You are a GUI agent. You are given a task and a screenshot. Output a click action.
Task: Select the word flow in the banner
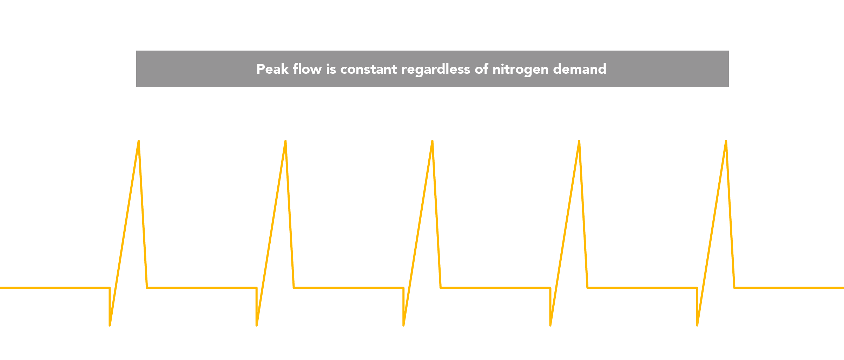point(307,69)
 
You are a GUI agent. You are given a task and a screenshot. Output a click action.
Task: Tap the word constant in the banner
point(369,70)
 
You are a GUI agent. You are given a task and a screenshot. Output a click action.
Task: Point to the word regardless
point(436,70)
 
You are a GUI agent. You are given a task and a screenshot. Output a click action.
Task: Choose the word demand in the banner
point(580,69)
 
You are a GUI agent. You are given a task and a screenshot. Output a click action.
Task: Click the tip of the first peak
point(139,141)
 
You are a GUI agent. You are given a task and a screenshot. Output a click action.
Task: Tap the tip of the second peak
point(285,141)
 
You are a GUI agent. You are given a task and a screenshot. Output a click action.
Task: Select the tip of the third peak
point(432,141)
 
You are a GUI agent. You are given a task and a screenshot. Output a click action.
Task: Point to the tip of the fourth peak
point(579,141)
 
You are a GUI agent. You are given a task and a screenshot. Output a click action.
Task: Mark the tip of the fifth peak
point(726,141)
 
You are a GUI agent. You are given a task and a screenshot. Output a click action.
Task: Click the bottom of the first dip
point(110,326)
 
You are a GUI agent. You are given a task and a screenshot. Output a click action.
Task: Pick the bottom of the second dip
point(257,326)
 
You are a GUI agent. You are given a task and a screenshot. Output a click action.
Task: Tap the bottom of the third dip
point(403,326)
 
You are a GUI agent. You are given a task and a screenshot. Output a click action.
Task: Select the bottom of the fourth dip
point(550,326)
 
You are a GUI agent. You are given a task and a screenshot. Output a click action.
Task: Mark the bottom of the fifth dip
point(697,326)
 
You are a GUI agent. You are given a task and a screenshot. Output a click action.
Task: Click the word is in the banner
point(331,69)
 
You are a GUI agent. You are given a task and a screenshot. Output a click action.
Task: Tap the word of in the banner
point(481,69)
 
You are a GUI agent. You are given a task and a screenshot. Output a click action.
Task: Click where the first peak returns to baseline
point(147,288)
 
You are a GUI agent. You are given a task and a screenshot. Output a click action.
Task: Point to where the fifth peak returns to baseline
point(734,288)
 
